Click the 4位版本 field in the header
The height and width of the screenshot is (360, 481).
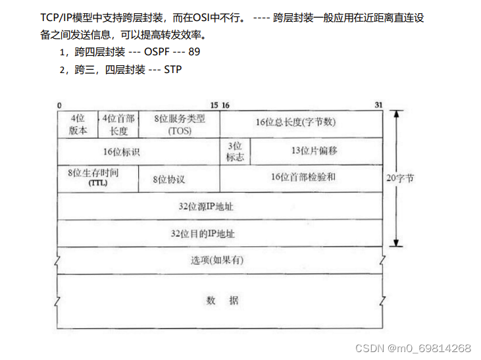click(78, 124)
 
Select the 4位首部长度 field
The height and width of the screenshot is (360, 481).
click(118, 124)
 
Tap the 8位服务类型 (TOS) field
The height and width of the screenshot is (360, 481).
click(180, 124)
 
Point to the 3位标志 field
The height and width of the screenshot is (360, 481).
click(235, 151)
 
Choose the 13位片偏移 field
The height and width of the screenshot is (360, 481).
click(314, 151)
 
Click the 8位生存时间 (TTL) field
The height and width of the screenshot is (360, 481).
click(97, 178)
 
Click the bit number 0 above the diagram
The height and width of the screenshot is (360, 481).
click(59, 105)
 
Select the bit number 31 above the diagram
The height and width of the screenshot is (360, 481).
click(378, 105)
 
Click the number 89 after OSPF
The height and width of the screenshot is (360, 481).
click(194, 52)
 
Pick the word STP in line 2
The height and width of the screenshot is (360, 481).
click(173, 69)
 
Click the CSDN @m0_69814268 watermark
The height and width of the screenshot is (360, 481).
click(413, 348)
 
